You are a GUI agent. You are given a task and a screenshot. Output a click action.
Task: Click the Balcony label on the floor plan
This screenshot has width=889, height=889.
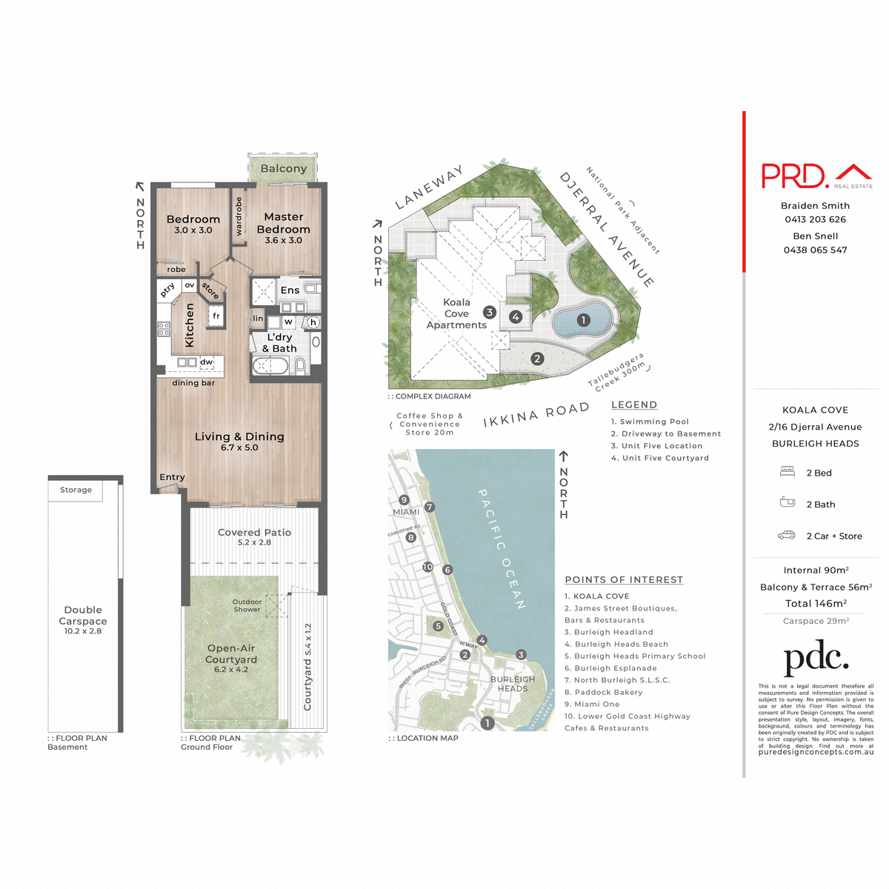284,169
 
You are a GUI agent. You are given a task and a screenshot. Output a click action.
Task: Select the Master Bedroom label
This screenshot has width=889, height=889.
284,223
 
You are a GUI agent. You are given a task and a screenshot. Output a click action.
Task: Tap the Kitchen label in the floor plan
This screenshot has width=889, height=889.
190,324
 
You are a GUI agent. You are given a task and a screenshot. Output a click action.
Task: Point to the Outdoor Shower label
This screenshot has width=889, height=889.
247,605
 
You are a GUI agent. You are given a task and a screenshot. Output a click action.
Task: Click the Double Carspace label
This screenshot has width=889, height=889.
83,616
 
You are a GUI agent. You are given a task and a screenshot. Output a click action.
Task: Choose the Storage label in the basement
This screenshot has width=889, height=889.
76,490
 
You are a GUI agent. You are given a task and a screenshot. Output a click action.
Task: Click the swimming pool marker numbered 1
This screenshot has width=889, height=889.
583,320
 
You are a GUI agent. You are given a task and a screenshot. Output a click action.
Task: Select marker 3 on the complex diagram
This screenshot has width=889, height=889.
489,313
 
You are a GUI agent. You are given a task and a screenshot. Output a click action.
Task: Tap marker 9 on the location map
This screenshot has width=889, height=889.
404,500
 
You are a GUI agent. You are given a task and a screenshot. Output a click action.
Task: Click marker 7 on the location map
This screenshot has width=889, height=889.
430,507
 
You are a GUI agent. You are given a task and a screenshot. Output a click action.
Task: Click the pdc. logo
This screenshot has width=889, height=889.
816,658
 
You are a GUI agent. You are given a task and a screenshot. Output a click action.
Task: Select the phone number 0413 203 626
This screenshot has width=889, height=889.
815,219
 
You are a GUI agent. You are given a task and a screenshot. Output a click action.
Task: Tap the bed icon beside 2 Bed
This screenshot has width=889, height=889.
787,472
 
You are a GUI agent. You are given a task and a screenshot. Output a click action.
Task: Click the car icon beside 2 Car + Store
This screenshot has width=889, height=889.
786,535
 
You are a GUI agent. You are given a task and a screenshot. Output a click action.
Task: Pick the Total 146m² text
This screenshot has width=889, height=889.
816,604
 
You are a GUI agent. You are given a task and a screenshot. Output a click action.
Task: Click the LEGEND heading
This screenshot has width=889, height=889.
634,404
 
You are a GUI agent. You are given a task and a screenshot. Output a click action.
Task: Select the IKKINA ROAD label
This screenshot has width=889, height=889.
536,416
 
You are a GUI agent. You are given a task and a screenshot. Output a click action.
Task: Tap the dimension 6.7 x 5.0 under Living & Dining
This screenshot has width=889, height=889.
239,447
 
